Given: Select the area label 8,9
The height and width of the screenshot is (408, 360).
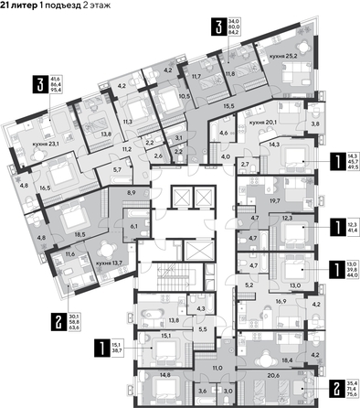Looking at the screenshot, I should click(131, 194).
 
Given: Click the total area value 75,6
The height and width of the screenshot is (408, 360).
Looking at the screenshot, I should click(351, 398).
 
